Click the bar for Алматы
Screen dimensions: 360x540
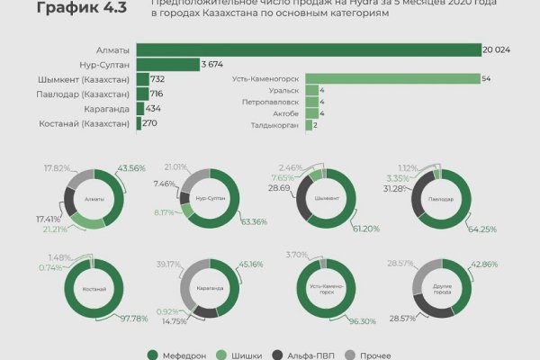pyautogui.click(x=306, y=49)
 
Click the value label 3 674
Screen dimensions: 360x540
pyautogui.click(x=211, y=64)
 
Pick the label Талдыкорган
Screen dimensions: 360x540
pyautogui.click(x=278, y=126)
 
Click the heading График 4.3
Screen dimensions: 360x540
pyautogui.click(x=74, y=10)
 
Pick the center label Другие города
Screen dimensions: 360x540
pyautogui.click(x=436, y=290)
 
